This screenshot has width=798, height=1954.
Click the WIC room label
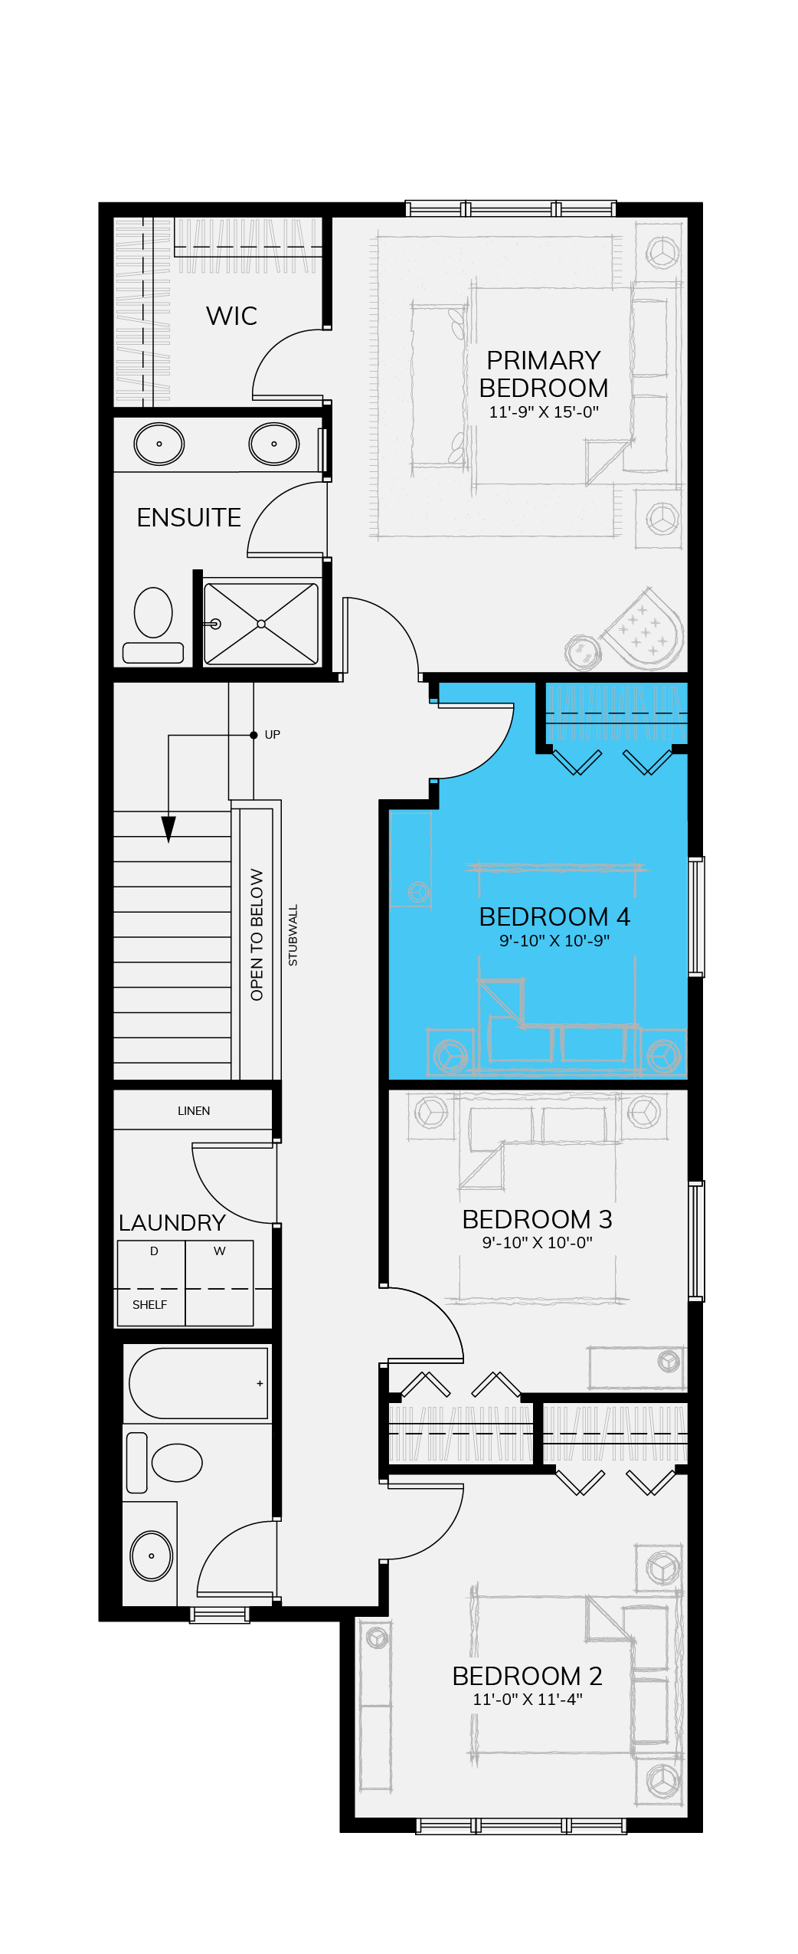point(231,316)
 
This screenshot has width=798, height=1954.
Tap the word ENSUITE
point(188,518)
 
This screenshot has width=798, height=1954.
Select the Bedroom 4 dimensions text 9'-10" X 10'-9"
point(554,940)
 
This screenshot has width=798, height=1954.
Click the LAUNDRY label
point(172,1222)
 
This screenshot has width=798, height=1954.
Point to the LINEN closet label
point(194,1111)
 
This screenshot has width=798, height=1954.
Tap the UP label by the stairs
point(272,735)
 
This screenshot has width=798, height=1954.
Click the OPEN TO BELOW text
point(257,934)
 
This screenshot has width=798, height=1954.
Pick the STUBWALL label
point(293,935)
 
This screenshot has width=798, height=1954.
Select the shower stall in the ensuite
point(261,624)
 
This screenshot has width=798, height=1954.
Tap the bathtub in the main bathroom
point(198,1383)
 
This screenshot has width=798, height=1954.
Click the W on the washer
point(220,1251)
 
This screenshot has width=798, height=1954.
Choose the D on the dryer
point(154,1251)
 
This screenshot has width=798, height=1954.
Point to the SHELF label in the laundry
point(149,1305)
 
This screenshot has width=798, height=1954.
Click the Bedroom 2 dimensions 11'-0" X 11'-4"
point(528,1699)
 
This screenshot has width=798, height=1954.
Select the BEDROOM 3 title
point(537,1219)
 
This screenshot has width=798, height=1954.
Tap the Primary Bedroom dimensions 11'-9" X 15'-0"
point(544,411)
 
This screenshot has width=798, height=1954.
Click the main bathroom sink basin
point(151,1556)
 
